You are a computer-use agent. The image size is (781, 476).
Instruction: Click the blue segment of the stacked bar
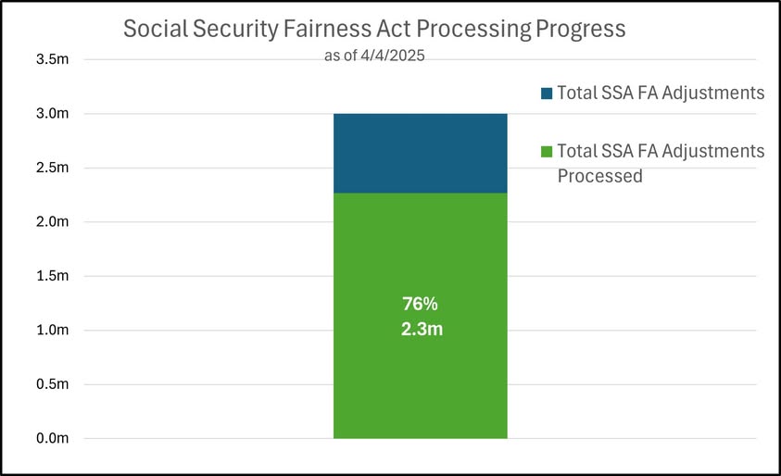(x=420, y=153)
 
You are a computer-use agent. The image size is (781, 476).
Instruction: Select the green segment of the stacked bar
(x=420, y=370)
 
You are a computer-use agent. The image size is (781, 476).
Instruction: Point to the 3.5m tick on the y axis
(x=52, y=60)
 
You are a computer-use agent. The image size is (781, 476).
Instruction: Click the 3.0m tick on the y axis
(x=52, y=114)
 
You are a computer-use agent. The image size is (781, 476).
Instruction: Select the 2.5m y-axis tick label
(x=52, y=168)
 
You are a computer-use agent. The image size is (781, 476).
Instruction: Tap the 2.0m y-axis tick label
(x=52, y=222)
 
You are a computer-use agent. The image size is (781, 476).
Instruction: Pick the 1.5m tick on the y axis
(x=52, y=276)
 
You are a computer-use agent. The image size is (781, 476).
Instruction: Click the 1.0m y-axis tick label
(x=52, y=330)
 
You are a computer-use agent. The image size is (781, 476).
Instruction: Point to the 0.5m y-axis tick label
(x=52, y=384)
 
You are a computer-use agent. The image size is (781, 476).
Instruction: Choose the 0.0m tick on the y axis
(x=52, y=438)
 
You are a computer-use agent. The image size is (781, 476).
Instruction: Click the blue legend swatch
(x=547, y=93)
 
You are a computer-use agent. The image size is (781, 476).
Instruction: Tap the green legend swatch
(x=547, y=151)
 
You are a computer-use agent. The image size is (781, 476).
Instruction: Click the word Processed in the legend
(x=599, y=175)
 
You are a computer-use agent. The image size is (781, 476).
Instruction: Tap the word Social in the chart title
(x=152, y=30)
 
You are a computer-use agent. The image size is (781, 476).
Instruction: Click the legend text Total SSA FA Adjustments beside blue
(x=660, y=93)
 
